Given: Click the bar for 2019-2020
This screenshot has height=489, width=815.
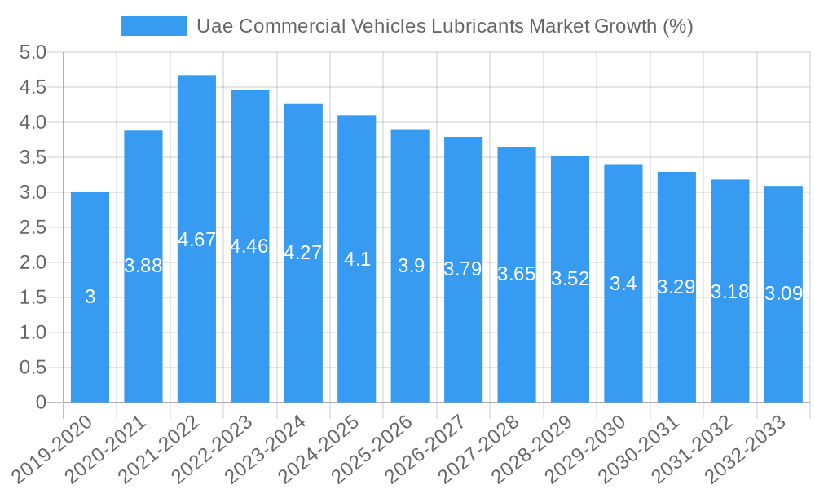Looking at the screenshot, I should point(90,297).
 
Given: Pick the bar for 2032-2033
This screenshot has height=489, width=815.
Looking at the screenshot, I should point(783,294).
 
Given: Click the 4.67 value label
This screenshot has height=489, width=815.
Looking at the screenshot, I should point(196,240).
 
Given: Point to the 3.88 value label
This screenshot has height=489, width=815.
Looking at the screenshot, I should point(143,266).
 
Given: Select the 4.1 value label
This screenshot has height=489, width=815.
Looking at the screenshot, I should point(357,259).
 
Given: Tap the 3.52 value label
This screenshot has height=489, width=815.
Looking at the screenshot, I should point(570,279).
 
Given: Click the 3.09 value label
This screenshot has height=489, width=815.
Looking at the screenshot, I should point(783,293).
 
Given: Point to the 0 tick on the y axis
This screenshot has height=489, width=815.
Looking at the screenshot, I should point(41,403).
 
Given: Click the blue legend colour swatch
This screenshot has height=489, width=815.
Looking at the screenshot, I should point(153,26).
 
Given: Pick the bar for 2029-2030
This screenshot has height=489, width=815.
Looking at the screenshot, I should point(623,284).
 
